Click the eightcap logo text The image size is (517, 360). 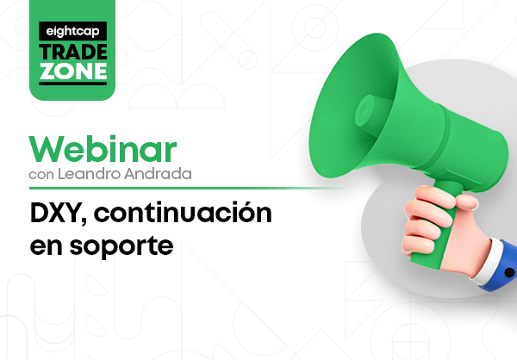tap(72, 31)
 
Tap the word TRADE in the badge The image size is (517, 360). tap(73, 52)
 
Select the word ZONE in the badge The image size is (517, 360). tap(73, 71)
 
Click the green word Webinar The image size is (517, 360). tap(103, 149)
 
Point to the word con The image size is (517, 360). tap(41, 175)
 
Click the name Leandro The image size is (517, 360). tap(90, 174)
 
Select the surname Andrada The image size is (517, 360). tap(158, 174)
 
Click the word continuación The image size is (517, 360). tap(183, 212)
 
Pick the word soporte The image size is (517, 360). tap(121, 246)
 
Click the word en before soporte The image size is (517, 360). tap(47, 246)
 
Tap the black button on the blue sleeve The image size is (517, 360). tap(509, 272)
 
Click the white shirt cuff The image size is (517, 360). tap(484, 262)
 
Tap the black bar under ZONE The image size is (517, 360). tap(73, 84)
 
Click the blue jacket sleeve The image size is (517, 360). tap(503, 267)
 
